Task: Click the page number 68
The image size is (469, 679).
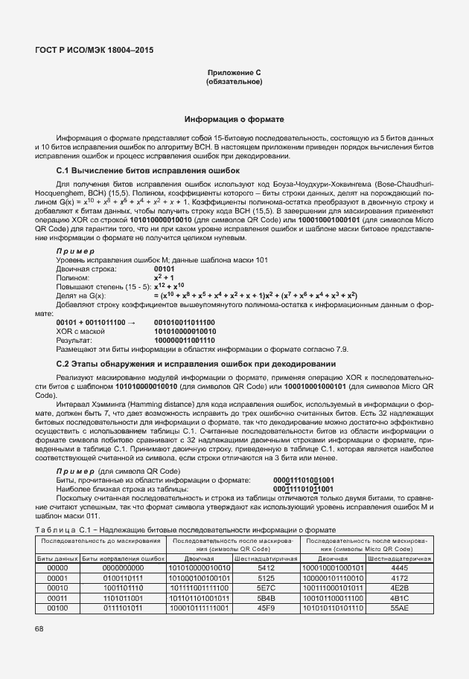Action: coord(39,629)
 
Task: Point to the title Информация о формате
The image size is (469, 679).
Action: coord(234,120)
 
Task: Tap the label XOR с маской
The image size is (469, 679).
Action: coord(81,331)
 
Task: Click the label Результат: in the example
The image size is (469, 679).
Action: coord(75,340)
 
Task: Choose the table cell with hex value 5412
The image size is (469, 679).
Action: coord(267,567)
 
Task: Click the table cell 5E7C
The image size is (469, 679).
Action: coord(267,588)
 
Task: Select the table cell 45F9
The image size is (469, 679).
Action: coord(267,608)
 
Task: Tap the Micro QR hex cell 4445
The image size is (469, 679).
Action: coord(399,567)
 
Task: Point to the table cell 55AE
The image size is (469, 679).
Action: coord(399,608)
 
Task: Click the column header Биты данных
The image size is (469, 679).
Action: coord(57,557)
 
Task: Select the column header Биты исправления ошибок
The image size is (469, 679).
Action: coord(123,557)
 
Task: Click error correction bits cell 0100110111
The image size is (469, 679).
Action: coord(123,577)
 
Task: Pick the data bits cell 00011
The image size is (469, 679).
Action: coord(57,598)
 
